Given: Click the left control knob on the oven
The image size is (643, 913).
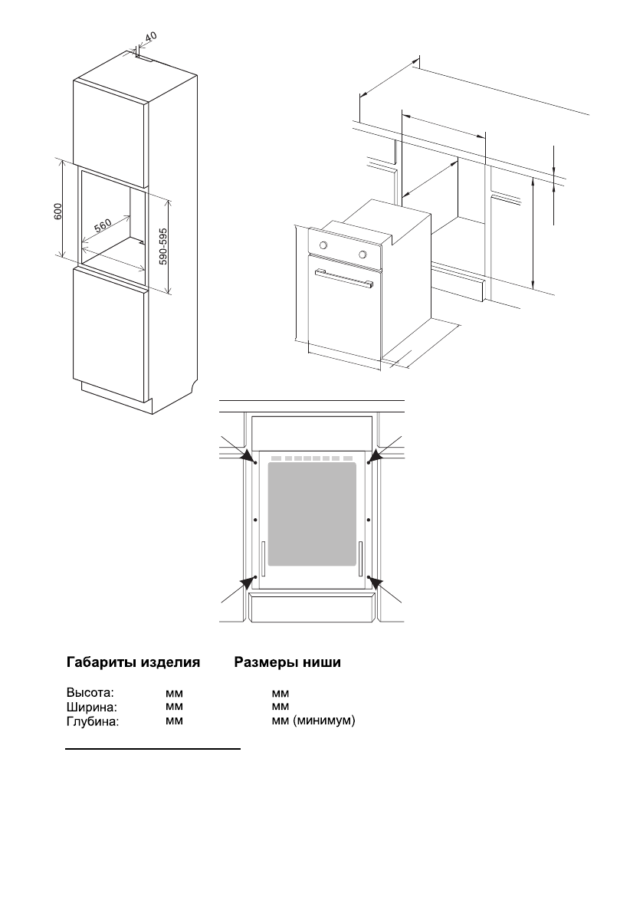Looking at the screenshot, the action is (x=323, y=245).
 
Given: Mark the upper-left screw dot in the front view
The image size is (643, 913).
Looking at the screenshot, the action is (x=254, y=462).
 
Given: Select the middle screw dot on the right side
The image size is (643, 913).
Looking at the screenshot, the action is (x=369, y=520).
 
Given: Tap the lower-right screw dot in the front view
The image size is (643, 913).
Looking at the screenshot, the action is (x=369, y=576).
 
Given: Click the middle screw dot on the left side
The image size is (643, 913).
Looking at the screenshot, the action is (x=254, y=520).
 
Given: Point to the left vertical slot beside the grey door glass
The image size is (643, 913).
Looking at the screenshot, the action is (x=263, y=558).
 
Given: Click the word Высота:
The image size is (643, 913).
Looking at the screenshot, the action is (x=90, y=692).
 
